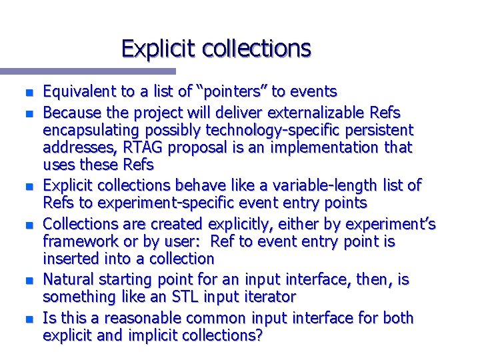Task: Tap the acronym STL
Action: pyautogui.click(x=176, y=297)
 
